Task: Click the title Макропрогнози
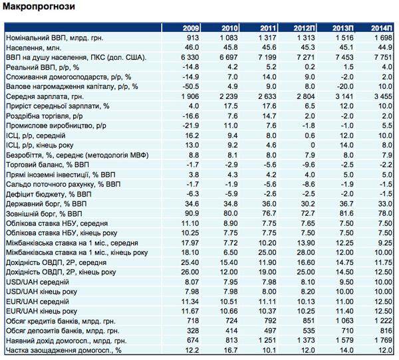pos(39,7)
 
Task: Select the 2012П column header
pos(305,28)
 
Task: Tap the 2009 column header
pos(191,28)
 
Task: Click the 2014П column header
pos(382,28)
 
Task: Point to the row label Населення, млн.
pos(34,48)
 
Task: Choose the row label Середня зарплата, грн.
pos(45,96)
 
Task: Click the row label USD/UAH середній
pos(37,282)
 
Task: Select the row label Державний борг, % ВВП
pos(47,204)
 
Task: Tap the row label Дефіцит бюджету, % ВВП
pos(49,194)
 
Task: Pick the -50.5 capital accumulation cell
pos(191,87)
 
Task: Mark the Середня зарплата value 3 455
pos(383,96)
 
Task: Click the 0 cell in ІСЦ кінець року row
pos(313,145)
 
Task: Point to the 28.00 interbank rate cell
pos(306,252)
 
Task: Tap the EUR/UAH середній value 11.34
pos(190,302)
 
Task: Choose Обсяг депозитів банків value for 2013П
pos(346,331)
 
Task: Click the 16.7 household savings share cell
pos(231,350)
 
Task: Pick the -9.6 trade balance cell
pos(309,165)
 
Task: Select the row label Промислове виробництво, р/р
pos(57,126)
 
